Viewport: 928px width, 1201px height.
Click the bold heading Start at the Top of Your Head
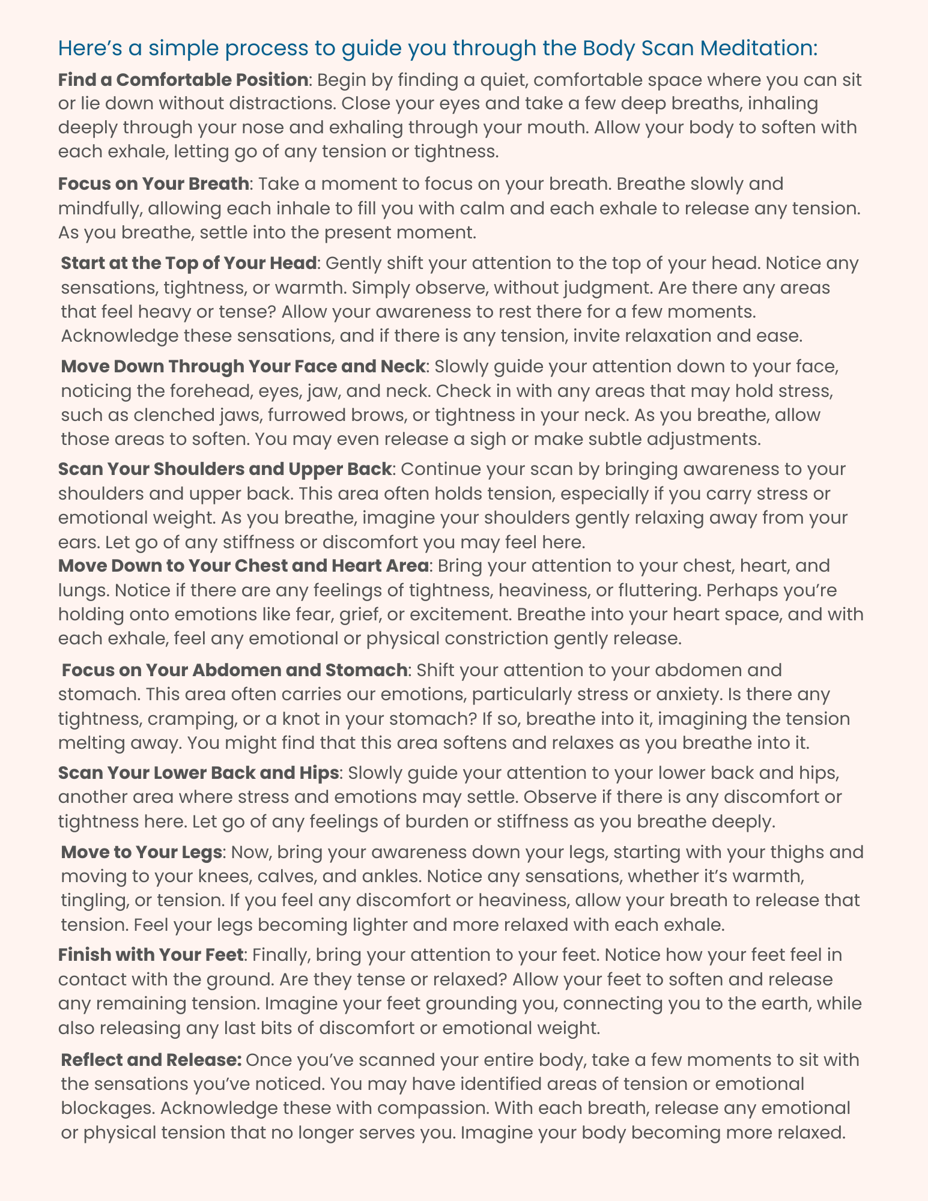(189, 263)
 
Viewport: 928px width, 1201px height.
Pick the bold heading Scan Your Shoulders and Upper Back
(225, 469)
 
